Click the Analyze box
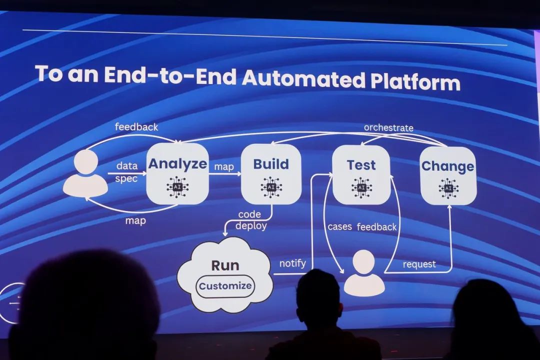point(177,173)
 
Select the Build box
point(271,174)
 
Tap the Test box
point(361,174)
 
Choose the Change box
point(447,175)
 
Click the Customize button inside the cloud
point(225,286)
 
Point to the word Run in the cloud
point(225,265)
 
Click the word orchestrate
point(388,127)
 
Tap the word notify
point(292,263)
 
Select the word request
point(419,264)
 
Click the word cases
point(340,226)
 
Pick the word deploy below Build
point(251,225)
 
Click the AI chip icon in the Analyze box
point(177,186)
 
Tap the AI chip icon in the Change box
point(448,188)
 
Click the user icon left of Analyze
point(85,173)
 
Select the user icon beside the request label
point(364,273)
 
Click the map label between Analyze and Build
point(223,166)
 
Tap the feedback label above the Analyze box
point(136,126)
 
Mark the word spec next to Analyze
point(126,178)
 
